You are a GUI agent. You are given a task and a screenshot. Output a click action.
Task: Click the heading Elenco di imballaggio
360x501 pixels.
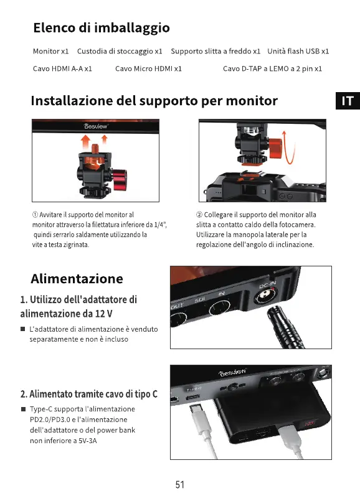point(102,28)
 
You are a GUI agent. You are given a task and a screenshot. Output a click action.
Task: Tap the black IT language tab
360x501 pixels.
point(348,101)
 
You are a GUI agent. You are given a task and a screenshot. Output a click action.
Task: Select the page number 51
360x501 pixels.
point(180,485)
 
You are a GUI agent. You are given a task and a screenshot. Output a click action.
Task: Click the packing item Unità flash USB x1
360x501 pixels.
point(298,51)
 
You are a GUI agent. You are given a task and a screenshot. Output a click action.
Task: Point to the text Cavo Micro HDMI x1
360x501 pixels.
point(148,68)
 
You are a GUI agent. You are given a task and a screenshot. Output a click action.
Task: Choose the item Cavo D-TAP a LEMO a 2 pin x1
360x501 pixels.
point(272,68)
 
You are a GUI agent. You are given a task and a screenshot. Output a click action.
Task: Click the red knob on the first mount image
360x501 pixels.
point(120,179)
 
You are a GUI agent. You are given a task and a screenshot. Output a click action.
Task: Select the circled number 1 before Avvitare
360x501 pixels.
point(35,215)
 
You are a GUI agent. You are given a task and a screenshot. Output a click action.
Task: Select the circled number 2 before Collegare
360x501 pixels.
point(199,215)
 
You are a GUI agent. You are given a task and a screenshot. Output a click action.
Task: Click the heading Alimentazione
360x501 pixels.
point(77,279)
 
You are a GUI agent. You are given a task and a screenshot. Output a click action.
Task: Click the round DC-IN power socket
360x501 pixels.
point(265,297)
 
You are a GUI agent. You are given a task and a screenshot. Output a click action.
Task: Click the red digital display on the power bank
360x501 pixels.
point(309,424)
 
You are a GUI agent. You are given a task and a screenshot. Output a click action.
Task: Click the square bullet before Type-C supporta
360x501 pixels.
point(23,409)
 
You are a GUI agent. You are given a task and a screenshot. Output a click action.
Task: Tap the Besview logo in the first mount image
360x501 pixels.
point(95,126)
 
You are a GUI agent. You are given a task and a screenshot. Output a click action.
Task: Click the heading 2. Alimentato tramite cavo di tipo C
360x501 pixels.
point(89,394)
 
